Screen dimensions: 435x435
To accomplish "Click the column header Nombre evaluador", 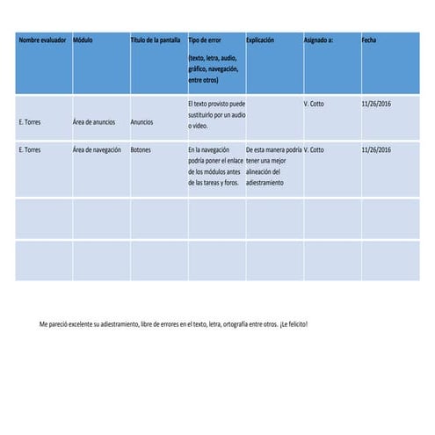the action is point(42,40).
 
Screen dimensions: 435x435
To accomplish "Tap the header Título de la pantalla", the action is point(156,40).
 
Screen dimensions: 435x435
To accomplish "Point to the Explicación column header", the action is point(261,40).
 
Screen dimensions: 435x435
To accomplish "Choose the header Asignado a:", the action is point(318,40).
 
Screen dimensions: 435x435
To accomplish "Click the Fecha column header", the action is point(369,40).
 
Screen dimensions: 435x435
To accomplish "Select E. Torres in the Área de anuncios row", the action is point(30,122).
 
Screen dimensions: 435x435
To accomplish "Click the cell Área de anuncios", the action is point(94,122).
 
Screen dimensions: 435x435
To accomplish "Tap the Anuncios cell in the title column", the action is point(141,122).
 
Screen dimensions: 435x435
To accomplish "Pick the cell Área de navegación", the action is point(97,149).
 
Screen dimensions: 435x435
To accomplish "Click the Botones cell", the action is point(141,149).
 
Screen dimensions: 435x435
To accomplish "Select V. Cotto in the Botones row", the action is point(314,149).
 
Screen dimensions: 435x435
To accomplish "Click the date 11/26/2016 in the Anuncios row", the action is point(376,104).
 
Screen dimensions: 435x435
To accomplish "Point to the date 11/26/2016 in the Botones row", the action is point(376,149).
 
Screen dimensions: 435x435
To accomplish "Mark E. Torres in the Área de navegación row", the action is point(30,149).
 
